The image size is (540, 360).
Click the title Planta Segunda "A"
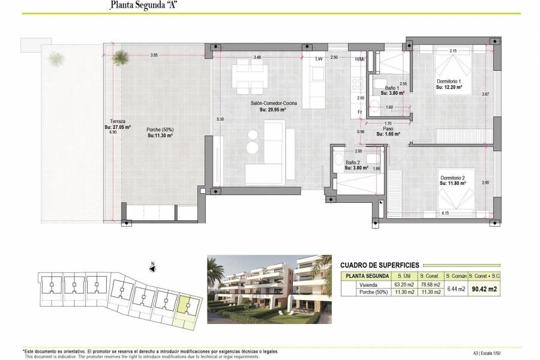143,6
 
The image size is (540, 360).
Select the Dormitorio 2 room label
457,178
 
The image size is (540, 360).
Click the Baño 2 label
352,162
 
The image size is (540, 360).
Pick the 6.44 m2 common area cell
455,289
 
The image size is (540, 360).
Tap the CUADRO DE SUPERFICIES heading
379,265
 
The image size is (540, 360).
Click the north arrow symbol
152,268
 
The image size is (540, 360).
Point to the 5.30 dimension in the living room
220,119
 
